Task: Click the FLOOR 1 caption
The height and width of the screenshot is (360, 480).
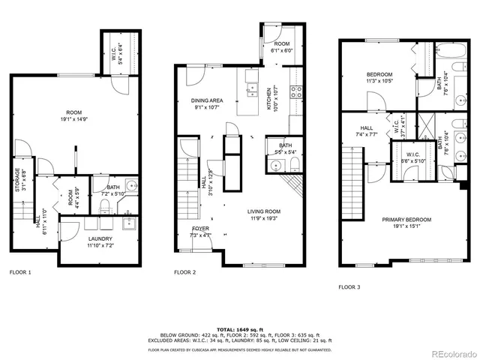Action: pos(20,272)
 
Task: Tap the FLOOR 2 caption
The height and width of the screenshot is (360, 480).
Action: pos(185,272)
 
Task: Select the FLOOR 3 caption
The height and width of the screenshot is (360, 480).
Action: pos(349,286)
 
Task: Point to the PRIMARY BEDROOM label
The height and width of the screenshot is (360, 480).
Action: pos(406,220)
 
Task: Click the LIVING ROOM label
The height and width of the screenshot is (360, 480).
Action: pos(268,211)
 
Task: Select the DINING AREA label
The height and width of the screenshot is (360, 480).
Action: pos(206,100)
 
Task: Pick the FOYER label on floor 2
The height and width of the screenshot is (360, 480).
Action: pos(201,228)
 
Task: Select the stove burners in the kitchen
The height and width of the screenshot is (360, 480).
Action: pos(295,93)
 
